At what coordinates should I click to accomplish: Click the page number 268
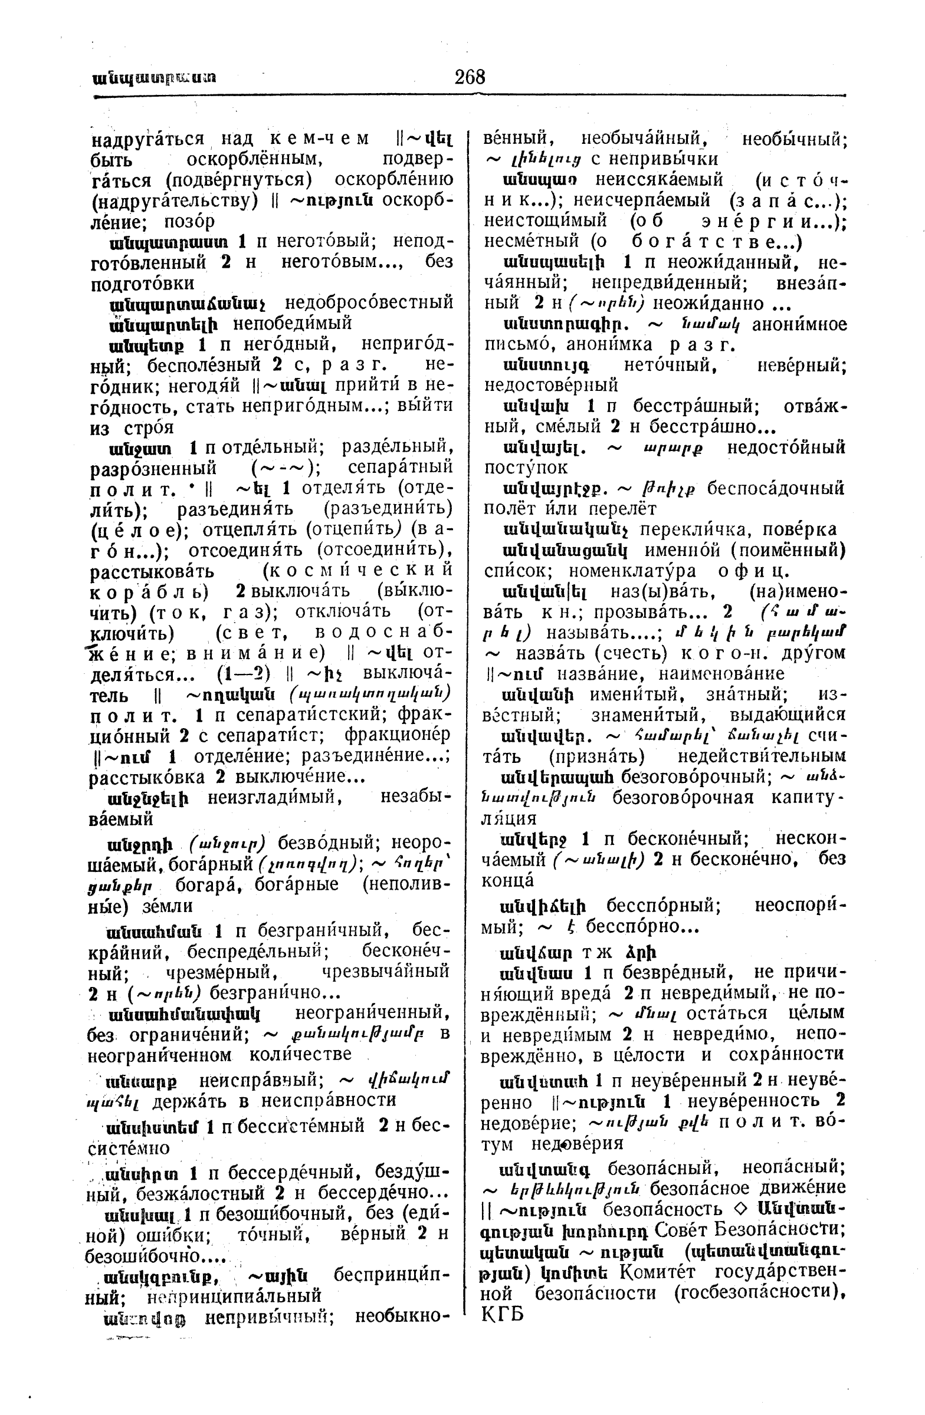(470, 77)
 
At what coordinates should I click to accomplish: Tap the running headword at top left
(155, 78)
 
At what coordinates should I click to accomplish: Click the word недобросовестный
(369, 303)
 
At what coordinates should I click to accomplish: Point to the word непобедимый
(292, 324)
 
